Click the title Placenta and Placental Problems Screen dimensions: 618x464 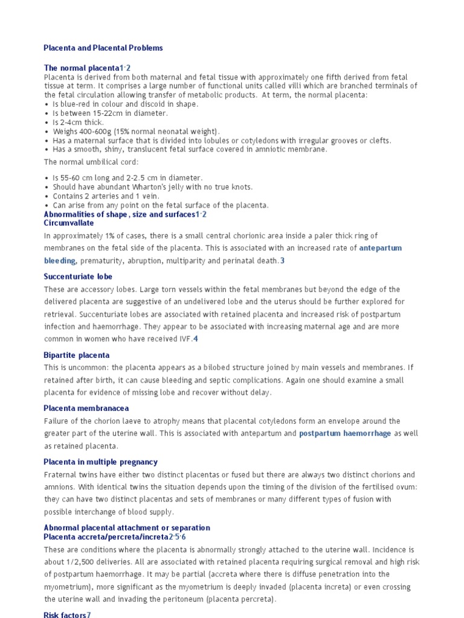(x=103, y=48)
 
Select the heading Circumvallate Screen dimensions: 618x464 (x=69, y=223)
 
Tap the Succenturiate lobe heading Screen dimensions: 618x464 (x=78, y=277)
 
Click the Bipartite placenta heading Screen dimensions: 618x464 (x=77, y=355)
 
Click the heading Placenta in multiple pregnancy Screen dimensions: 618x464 (x=100, y=462)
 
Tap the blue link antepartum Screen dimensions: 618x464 (x=380, y=248)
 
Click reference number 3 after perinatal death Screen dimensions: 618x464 (x=282, y=261)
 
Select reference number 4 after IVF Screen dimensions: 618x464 (x=196, y=339)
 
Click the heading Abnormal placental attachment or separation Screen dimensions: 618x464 (x=127, y=528)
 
